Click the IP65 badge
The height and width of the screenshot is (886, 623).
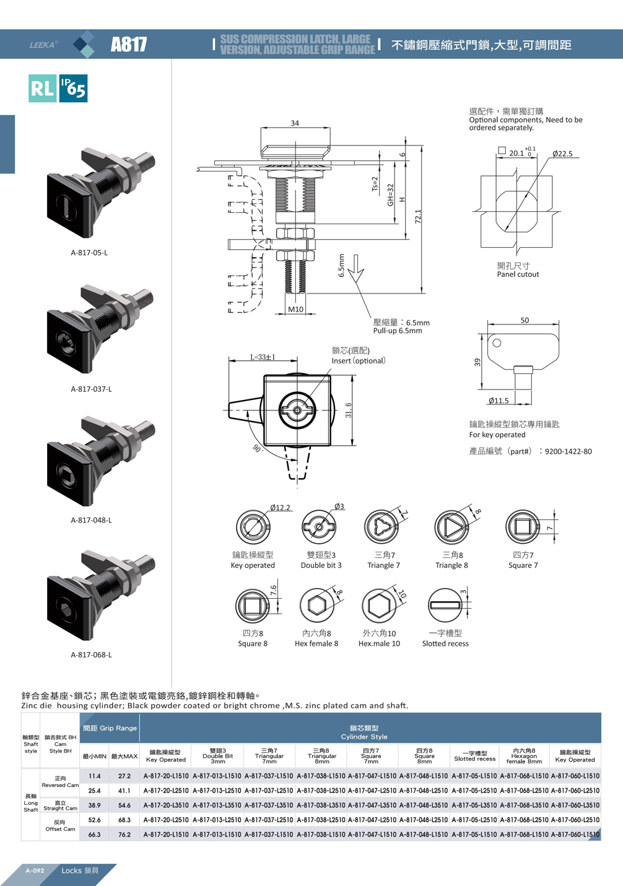click(x=73, y=88)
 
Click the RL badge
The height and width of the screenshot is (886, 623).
click(x=42, y=88)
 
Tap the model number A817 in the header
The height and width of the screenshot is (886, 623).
click(x=129, y=45)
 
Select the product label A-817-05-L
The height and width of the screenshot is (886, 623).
click(x=89, y=253)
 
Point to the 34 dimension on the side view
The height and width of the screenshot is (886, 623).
click(x=295, y=123)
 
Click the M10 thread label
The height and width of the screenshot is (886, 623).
click(x=296, y=310)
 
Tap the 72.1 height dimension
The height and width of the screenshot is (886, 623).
click(x=418, y=217)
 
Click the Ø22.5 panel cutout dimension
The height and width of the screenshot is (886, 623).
click(x=562, y=154)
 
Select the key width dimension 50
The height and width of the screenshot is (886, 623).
click(x=525, y=320)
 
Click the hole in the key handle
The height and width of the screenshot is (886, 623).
click(x=497, y=343)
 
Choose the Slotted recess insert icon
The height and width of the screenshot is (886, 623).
click(x=445, y=605)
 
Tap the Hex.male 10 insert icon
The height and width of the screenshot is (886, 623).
click(x=378, y=605)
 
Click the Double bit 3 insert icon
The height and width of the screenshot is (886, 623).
click(x=319, y=527)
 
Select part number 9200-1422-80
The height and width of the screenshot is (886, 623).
click(x=568, y=451)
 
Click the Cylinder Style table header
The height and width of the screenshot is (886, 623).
click(x=364, y=732)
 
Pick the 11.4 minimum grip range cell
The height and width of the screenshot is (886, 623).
click(x=95, y=776)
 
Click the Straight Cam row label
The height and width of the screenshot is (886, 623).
click(x=60, y=806)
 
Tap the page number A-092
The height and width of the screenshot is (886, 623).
click(x=35, y=871)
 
